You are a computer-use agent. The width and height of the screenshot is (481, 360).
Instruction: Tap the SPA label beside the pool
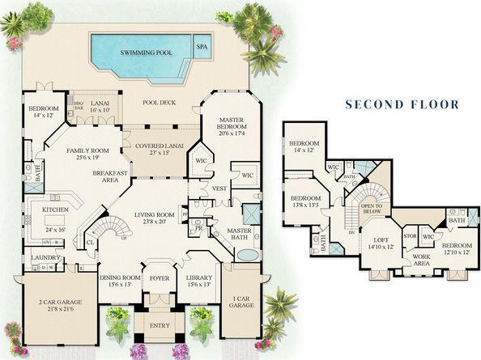[201, 47]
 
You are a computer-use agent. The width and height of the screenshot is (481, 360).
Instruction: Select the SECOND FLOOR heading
[402, 104]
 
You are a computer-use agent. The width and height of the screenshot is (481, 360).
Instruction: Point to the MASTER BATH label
[240, 233]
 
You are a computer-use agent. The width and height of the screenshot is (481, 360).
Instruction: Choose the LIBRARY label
[198, 281]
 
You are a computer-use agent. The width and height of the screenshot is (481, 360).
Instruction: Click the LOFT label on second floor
[380, 241]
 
